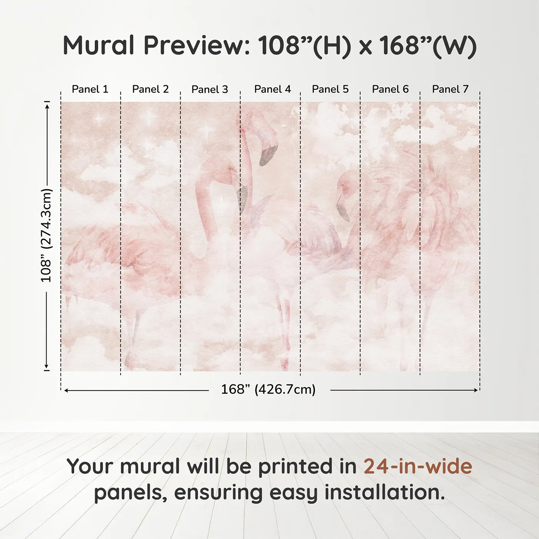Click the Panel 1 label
(90, 89)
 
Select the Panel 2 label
(150, 89)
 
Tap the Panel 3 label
(210, 90)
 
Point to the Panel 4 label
(272, 89)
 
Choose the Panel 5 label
(330, 89)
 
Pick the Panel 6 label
(390, 89)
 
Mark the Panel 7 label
(450, 89)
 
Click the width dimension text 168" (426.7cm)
(268, 390)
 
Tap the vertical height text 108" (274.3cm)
(46, 235)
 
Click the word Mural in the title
(98, 45)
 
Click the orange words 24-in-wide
(418, 467)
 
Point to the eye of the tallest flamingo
(250, 115)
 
